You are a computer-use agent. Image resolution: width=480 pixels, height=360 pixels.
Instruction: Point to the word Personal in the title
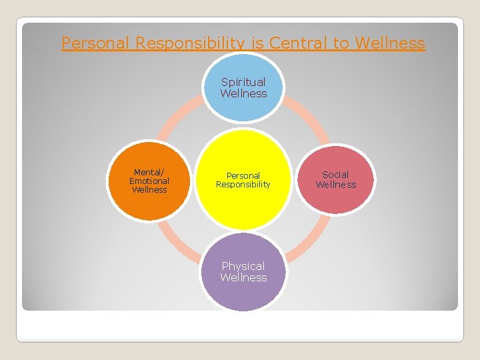[95, 43]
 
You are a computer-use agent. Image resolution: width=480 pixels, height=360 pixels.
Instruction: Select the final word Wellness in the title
[390, 43]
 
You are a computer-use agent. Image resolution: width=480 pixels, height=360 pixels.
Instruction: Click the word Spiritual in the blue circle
[243, 82]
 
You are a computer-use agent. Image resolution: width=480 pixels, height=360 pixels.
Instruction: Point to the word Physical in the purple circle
[243, 266]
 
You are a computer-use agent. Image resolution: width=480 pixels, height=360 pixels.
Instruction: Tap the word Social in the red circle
[335, 175]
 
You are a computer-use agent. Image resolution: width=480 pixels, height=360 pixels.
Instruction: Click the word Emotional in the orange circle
[149, 181]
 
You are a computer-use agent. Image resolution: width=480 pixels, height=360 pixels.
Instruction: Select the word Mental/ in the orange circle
[149, 172]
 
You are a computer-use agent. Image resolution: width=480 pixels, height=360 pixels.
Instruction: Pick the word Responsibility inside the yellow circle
[243, 185]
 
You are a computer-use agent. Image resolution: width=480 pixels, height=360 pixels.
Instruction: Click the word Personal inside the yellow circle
[243, 175]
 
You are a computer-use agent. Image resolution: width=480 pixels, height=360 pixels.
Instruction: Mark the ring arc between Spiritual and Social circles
[309, 123]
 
